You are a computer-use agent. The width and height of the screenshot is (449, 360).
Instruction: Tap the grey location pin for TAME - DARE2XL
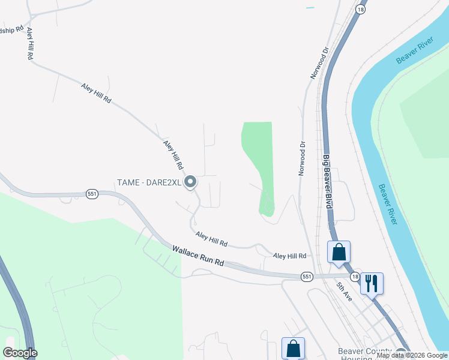191,181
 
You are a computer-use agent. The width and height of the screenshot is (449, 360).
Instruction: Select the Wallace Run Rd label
198,255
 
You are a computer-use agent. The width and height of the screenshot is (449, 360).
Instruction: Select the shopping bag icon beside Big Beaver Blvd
339,252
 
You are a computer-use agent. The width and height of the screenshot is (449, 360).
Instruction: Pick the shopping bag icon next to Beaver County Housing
293,348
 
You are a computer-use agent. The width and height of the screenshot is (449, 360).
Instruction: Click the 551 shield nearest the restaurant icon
307,276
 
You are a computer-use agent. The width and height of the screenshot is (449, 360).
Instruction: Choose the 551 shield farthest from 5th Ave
92,194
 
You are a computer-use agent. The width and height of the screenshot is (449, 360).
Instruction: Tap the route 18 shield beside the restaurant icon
356,276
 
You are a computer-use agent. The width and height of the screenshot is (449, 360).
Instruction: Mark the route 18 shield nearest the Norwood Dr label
360,10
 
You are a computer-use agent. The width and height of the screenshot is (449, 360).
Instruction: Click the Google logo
20,353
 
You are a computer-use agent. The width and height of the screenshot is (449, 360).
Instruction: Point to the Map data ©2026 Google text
412,356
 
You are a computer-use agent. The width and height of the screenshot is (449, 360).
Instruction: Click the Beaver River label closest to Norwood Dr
414,53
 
